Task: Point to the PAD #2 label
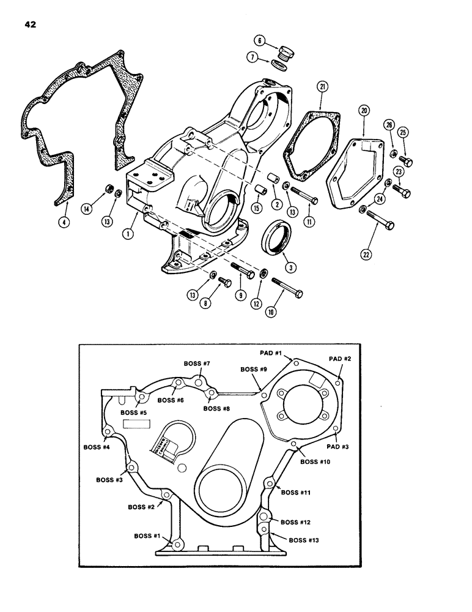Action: pos(341,358)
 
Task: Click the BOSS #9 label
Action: pos(253,370)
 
